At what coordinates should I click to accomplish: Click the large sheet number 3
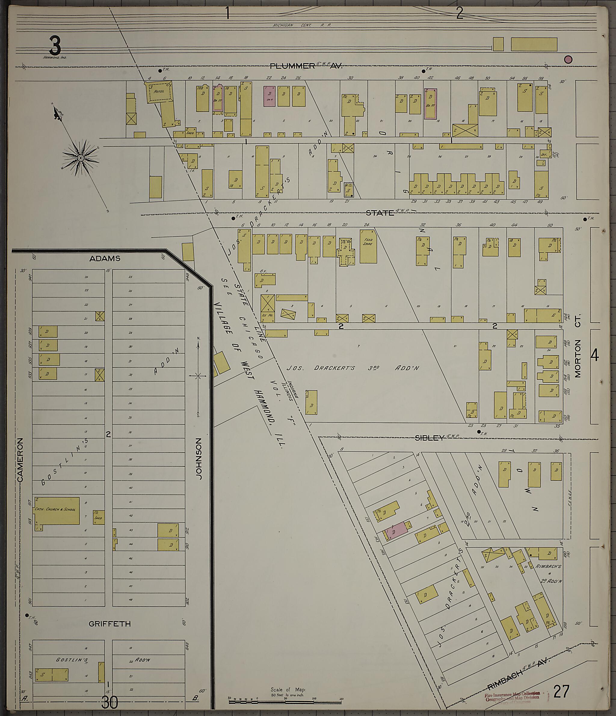pos(55,46)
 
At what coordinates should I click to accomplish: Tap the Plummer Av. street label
pos(306,66)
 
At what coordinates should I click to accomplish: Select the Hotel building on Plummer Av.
pos(159,92)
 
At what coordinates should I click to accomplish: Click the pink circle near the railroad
pos(568,60)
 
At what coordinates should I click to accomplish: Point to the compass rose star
pos(80,158)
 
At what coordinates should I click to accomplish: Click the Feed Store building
pos(368,246)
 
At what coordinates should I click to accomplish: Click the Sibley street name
pos(429,438)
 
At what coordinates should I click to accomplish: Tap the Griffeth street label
pos(109,624)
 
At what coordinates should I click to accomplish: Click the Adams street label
pos(105,259)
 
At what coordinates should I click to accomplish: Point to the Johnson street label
pos(199,459)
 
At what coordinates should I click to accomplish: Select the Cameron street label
pos(20,460)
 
